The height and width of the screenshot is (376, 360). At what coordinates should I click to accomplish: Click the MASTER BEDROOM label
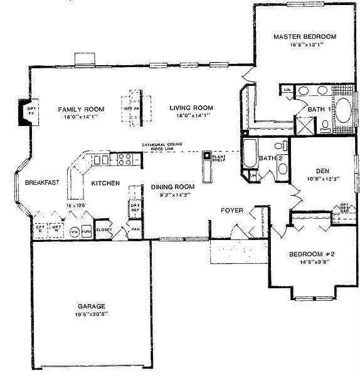coord(304,36)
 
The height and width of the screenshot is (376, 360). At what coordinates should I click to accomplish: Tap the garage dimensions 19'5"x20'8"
coord(92,315)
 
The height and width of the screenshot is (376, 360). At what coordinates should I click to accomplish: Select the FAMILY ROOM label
coord(81,109)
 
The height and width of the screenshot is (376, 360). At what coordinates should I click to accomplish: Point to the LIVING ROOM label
coord(191,107)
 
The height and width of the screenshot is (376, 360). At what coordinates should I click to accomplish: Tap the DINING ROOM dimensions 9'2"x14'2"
coord(172,195)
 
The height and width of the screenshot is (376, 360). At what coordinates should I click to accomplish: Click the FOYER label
coord(231,211)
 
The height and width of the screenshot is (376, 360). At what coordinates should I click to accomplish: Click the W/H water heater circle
coord(74,231)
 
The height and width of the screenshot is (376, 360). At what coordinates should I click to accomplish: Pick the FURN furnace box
coord(87,231)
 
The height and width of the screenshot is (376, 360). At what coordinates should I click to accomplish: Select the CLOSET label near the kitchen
coord(103,229)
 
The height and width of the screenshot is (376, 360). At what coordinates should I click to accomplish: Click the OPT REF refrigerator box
coord(134,208)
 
